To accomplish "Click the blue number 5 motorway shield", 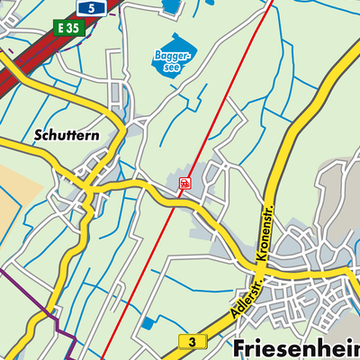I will pyautogui.click(x=90, y=7).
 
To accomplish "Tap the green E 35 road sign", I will pyautogui.click(x=67, y=27).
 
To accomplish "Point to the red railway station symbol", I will pyautogui.click(x=184, y=183).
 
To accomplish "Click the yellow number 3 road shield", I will pyautogui.click(x=191, y=341).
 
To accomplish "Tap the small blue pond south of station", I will pyautogui.click(x=147, y=322).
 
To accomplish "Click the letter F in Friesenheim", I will pyautogui.click(x=241, y=348).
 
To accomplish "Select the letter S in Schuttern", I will pyautogui.click(x=39, y=137).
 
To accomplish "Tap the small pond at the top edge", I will pyautogui.click(x=170, y=5).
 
